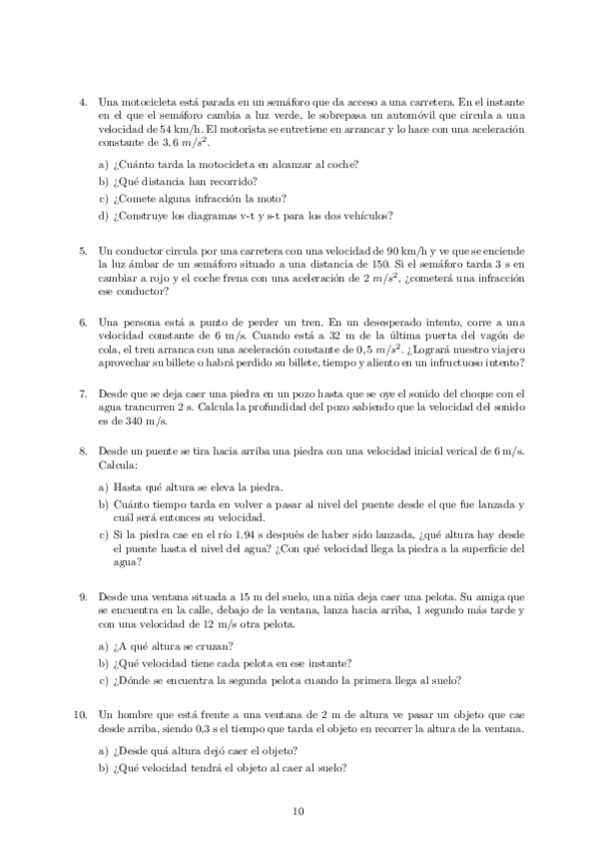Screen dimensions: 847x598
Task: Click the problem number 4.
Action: point(82,101)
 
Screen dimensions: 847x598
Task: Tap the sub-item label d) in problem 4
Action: point(104,214)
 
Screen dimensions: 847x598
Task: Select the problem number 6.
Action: point(82,323)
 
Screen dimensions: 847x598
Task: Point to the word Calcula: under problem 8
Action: point(118,465)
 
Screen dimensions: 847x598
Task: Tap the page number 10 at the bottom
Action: point(299,811)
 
